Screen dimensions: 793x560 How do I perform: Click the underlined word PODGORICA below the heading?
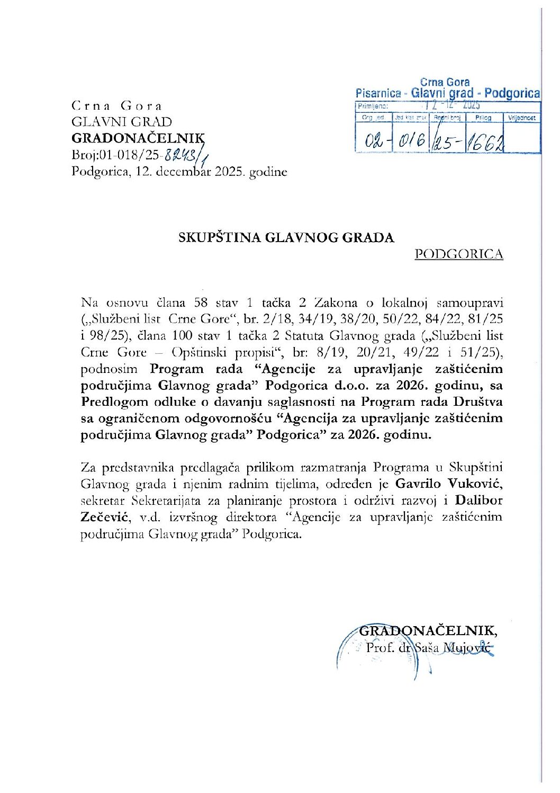click(x=458, y=254)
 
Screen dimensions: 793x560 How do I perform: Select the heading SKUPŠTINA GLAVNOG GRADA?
click(x=286, y=237)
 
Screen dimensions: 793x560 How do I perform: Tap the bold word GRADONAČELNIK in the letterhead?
click(x=137, y=138)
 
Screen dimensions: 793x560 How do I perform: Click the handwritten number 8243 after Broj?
click(x=180, y=155)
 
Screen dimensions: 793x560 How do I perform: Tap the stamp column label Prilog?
click(x=483, y=118)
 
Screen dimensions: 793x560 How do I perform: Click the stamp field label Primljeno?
click(x=373, y=106)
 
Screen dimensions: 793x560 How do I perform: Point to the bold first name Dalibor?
click(x=479, y=500)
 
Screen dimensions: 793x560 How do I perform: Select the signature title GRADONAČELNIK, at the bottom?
click(x=428, y=630)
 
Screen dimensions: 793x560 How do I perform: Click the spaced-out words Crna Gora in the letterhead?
click(x=117, y=105)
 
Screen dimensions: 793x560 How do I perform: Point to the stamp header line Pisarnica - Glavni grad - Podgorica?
click(x=448, y=93)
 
